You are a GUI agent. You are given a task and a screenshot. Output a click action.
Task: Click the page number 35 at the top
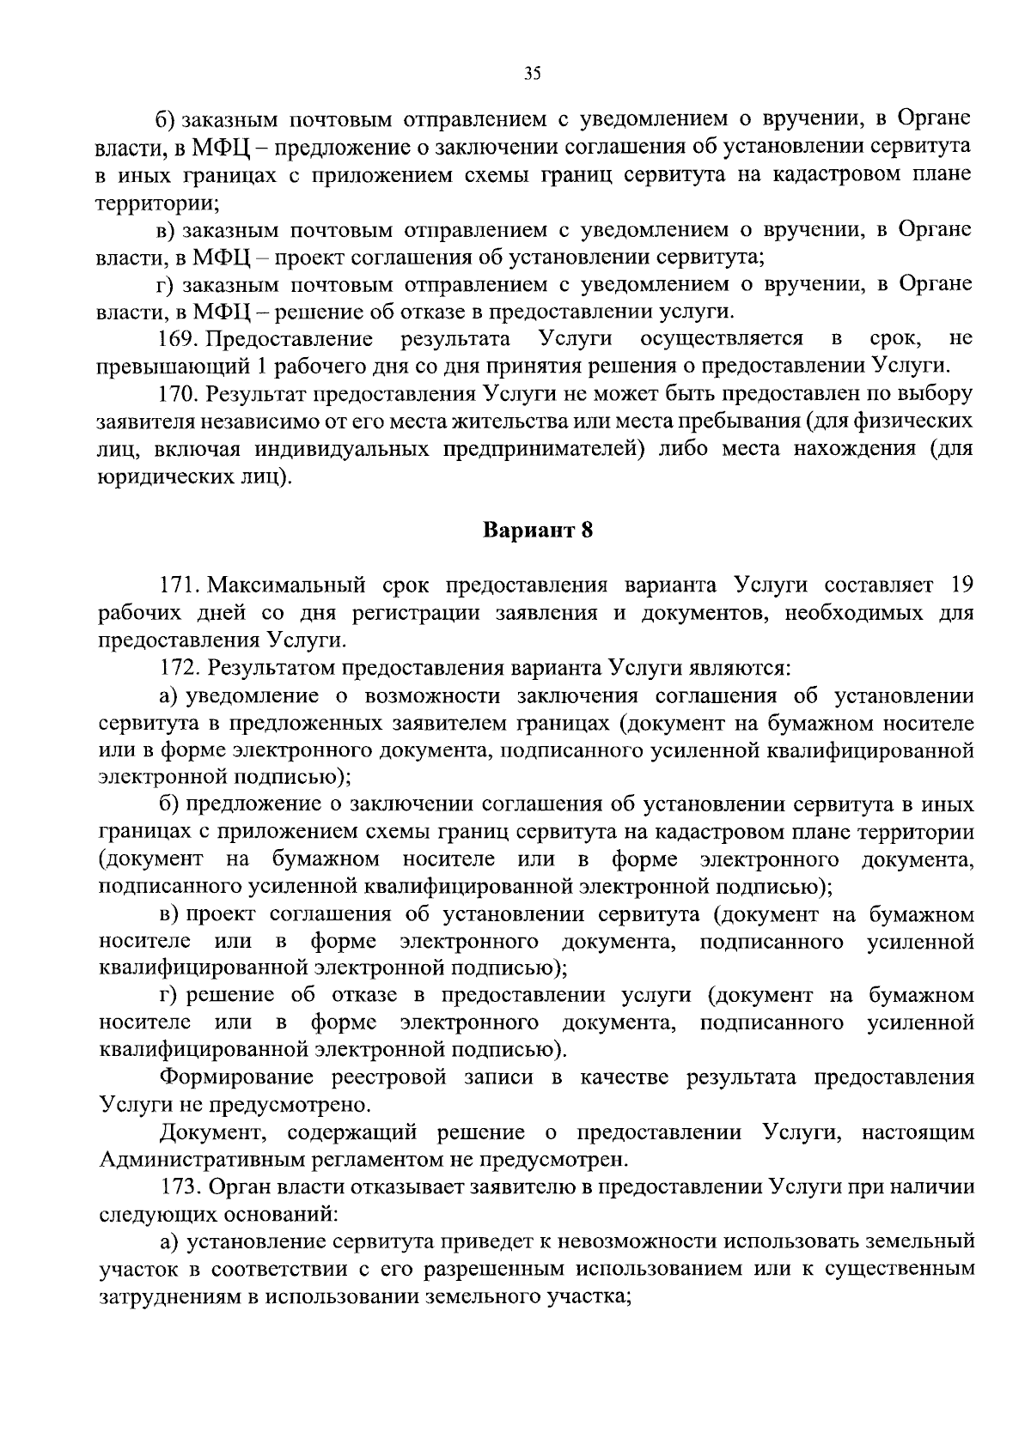click(532, 75)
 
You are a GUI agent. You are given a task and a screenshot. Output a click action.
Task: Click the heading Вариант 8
click(537, 530)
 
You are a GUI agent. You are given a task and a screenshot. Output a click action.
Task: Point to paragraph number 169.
click(177, 339)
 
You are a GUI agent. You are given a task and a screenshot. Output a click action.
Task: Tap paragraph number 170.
click(177, 394)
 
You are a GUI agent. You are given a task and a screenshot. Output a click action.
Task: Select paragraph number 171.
click(178, 586)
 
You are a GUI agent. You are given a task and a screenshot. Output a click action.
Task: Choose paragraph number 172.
click(178, 667)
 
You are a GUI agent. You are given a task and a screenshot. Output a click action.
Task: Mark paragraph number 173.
click(178, 1187)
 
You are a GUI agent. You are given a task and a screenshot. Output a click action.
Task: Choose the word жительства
click(509, 422)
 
